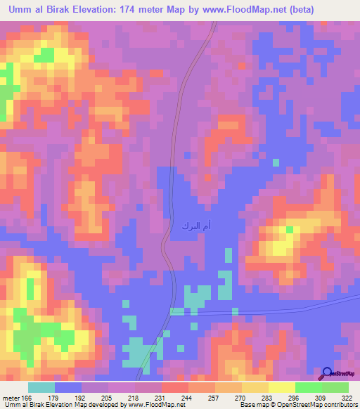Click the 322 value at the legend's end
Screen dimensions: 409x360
[347, 398]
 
